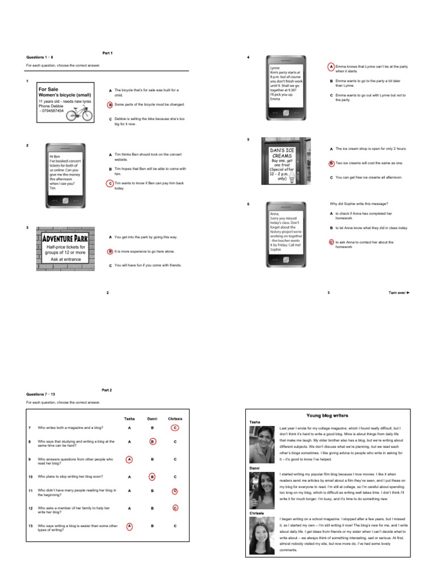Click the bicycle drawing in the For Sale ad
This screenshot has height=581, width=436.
[79, 114]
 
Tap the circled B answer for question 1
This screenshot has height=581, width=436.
[111, 104]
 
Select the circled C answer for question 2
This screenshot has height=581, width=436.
[111, 183]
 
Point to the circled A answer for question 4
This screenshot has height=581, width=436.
[332, 66]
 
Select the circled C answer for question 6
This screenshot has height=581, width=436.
[332, 242]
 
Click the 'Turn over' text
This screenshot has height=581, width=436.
[399, 293]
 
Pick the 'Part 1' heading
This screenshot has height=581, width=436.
[107, 53]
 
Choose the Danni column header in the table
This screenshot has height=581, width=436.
[152, 419]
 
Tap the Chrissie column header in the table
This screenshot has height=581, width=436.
[175, 419]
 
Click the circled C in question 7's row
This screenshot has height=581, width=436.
[175, 427]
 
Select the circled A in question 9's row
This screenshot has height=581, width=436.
[129, 459]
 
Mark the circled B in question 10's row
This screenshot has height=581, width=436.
[152, 477]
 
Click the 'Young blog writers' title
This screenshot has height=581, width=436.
[327, 415]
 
